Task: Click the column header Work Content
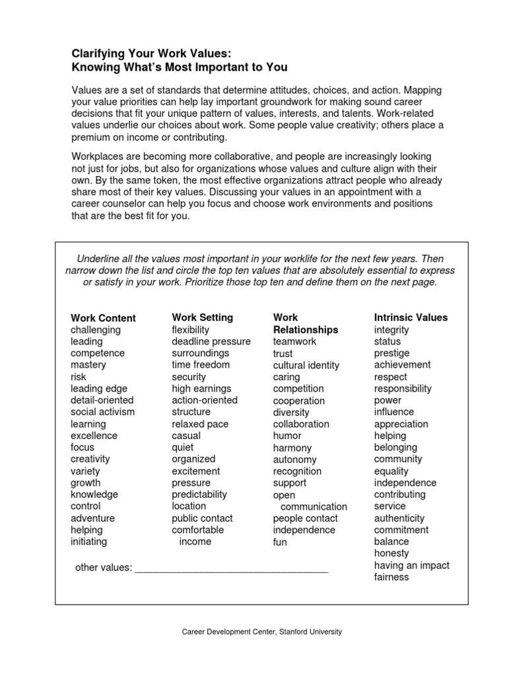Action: pyautogui.click(x=103, y=318)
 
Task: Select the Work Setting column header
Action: pyautogui.click(x=202, y=317)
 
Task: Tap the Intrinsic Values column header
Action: pyautogui.click(x=411, y=317)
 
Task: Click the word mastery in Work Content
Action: pyautogui.click(x=88, y=364)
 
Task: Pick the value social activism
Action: pyautogui.click(x=102, y=411)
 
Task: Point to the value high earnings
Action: pyautogui.click(x=202, y=388)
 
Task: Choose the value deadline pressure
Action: pyautogui.click(x=211, y=341)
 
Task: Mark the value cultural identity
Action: pyautogui.click(x=306, y=365)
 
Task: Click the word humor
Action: pyautogui.click(x=287, y=436)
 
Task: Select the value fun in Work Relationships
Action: pyautogui.click(x=280, y=542)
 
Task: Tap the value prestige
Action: pyautogui.click(x=391, y=353)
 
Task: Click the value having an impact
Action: pyautogui.click(x=412, y=565)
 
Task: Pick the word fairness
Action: pyautogui.click(x=391, y=577)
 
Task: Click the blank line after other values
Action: pyautogui.click(x=231, y=567)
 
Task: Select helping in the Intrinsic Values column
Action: pyautogui.click(x=390, y=436)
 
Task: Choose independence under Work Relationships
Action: pyautogui.click(x=304, y=530)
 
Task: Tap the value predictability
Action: pyautogui.click(x=199, y=494)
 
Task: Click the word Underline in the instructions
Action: pyautogui.click(x=99, y=258)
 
